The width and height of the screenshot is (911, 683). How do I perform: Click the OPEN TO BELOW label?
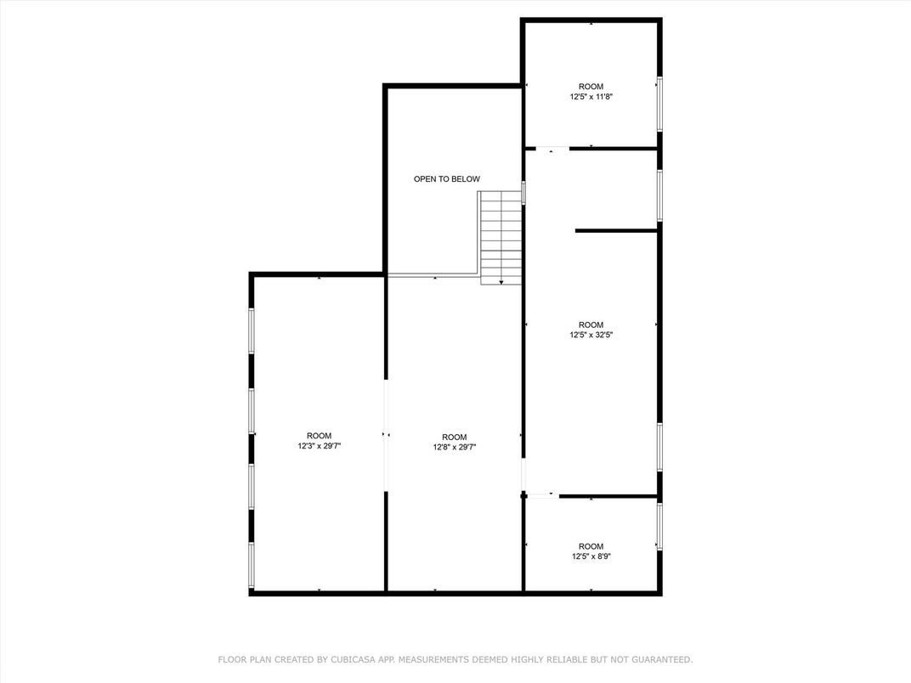point(446,179)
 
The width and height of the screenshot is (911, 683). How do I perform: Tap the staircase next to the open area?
point(501,237)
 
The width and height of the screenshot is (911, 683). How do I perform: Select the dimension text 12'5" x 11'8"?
point(591,97)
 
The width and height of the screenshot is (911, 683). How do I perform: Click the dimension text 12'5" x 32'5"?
point(591,335)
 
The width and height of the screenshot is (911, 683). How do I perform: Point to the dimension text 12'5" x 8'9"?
point(591,556)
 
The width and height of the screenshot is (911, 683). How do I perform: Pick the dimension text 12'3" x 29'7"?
point(319,446)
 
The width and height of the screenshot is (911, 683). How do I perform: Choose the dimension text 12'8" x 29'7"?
point(454,447)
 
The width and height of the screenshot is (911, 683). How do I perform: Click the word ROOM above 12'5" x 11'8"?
point(591,87)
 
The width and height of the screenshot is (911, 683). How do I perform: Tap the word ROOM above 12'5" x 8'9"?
point(591,546)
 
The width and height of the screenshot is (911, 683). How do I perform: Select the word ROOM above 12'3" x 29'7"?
point(319,436)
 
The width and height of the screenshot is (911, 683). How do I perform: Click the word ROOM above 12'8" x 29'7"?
point(454,437)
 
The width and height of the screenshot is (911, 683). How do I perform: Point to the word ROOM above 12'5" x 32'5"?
point(591,325)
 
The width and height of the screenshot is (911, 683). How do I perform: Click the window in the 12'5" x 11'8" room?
point(659,104)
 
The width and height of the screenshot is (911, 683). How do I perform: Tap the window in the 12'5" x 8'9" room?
point(659,527)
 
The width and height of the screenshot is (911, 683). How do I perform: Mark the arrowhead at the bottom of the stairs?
point(501,281)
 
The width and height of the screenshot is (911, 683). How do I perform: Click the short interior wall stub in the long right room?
point(617,230)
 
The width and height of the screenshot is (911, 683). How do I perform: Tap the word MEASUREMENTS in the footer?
point(430,659)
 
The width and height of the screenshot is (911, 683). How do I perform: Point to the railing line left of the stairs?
point(433,275)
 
